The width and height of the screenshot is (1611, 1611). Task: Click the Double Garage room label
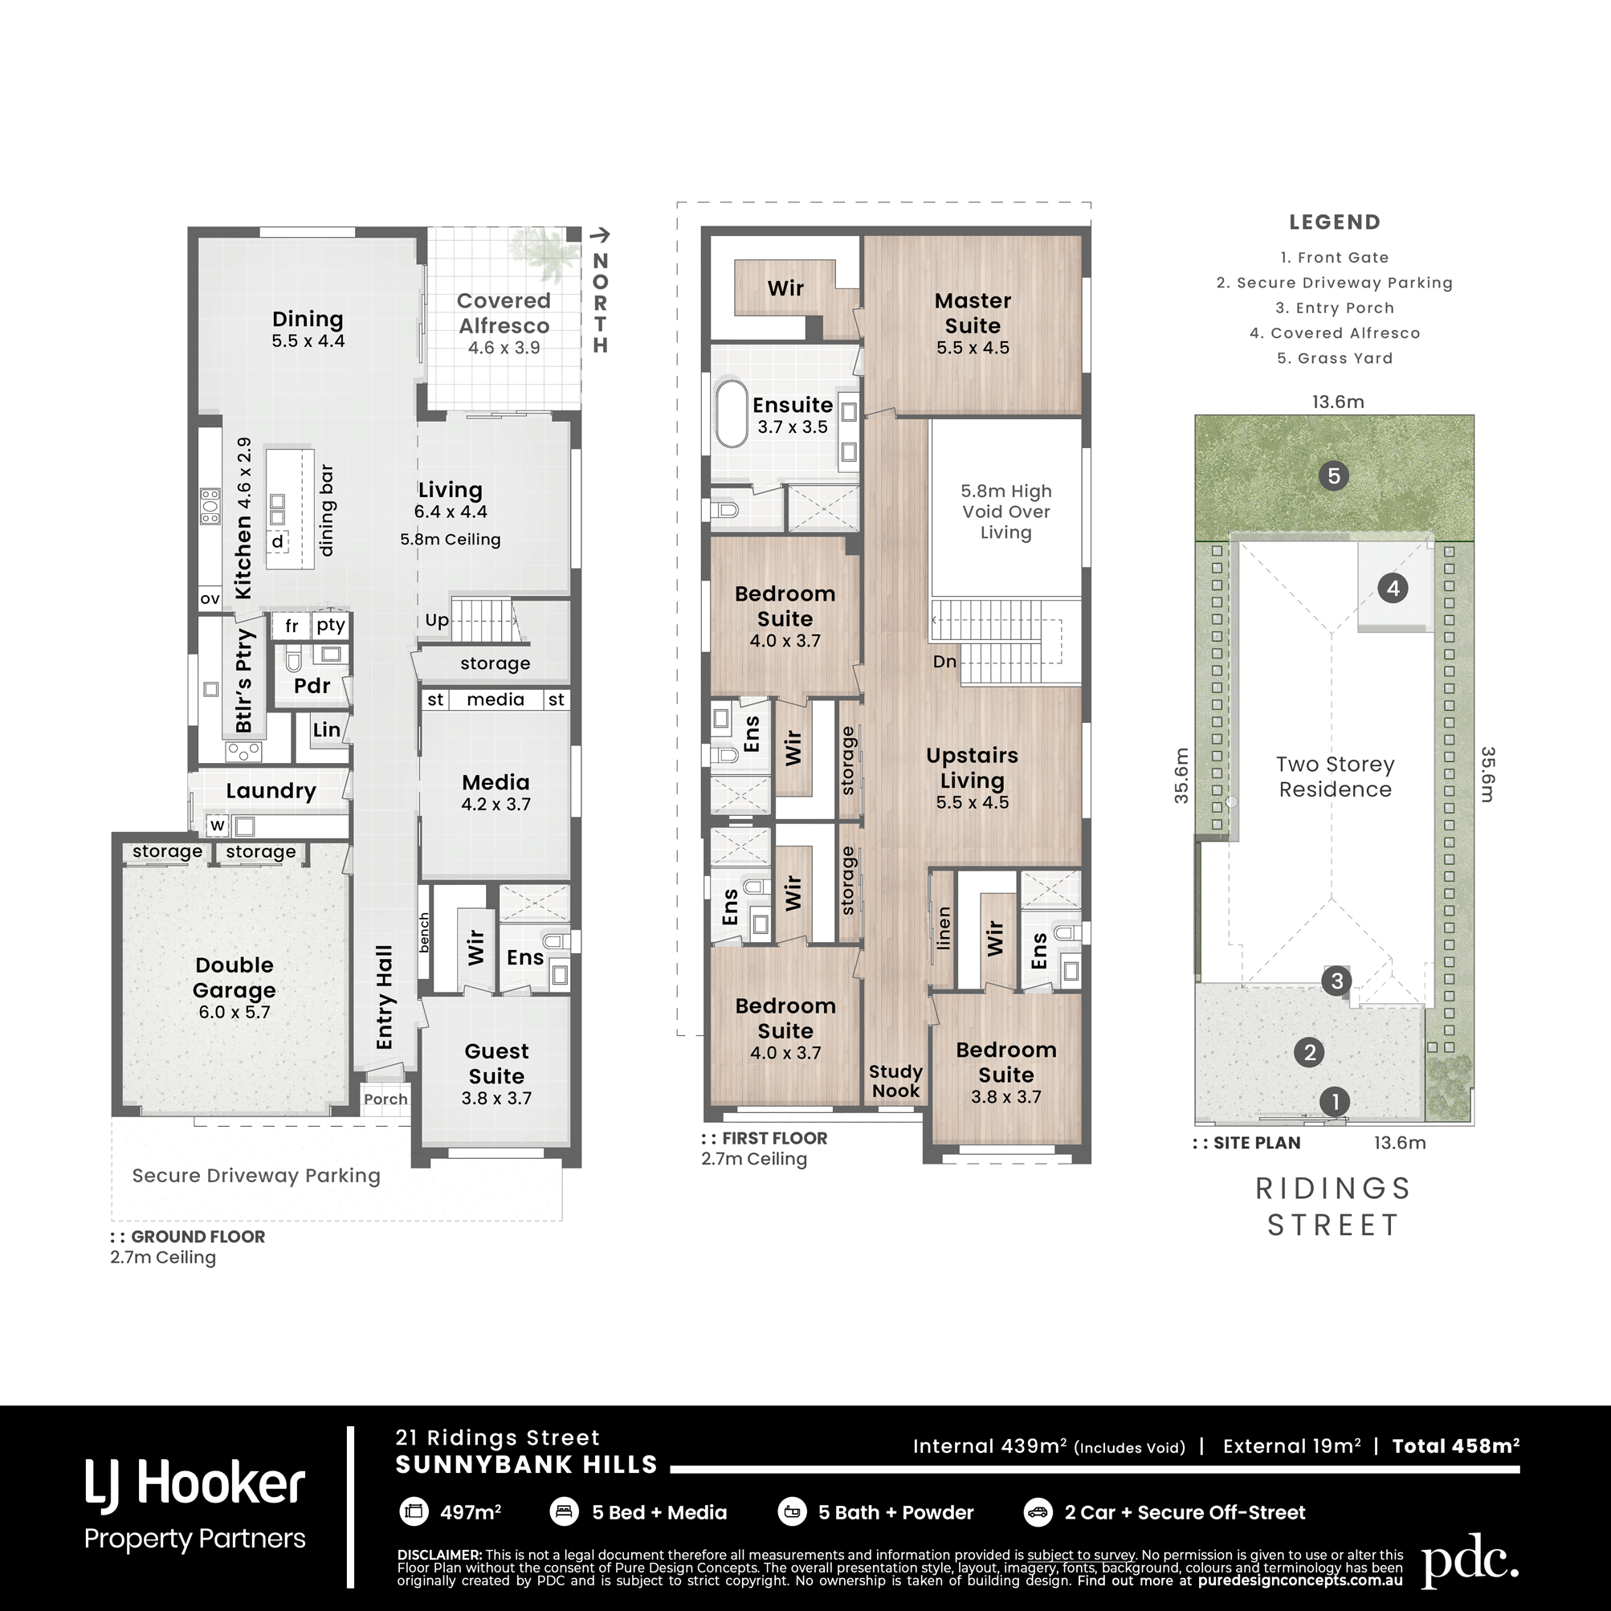(x=235, y=977)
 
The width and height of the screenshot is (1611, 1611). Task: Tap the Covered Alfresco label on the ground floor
(x=504, y=312)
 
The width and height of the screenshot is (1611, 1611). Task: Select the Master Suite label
(x=973, y=312)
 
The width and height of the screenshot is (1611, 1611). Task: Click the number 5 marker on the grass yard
(x=1334, y=476)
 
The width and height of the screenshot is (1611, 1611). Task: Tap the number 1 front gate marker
(x=1335, y=1102)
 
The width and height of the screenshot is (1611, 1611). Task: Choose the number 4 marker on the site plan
(x=1393, y=589)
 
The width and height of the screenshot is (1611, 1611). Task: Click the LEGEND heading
(x=1335, y=222)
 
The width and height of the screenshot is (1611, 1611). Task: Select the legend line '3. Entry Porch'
(x=1334, y=308)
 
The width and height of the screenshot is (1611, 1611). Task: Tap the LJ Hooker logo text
(x=195, y=1486)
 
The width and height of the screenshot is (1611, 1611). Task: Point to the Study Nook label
(x=895, y=1081)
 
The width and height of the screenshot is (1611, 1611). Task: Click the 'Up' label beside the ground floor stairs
(x=437, y=620)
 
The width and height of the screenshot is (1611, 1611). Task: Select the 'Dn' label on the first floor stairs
(x=944, y=661)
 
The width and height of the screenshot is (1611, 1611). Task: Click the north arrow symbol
(x=600, y=236)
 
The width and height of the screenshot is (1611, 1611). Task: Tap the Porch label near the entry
(x=385, y=1099)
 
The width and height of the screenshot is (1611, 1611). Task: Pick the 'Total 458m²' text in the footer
(x=1455, y=1446)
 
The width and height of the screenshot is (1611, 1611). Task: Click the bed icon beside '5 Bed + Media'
(x=565, y=1511)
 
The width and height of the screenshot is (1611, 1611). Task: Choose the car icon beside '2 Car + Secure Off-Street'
(x=1038, y=1511)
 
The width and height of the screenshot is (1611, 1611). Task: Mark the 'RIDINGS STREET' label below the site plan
(x=1333, y=1206)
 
